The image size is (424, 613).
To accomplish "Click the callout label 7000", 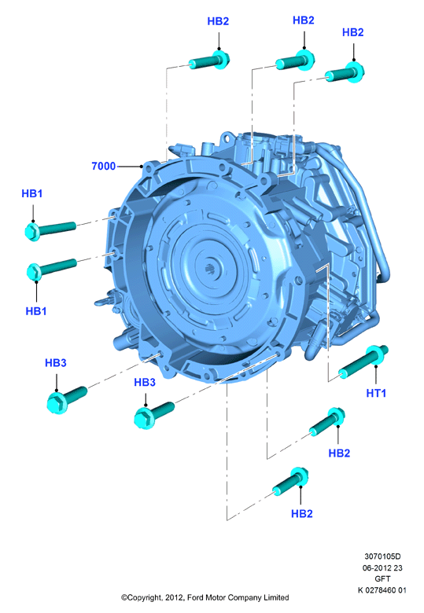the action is pos(104,166).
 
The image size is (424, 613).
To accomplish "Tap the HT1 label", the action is pos(376,393).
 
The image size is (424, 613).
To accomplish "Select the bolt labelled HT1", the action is pos(363,362).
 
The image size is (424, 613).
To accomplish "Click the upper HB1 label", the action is pos(32,193).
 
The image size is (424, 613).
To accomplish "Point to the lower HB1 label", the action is pos(36,311).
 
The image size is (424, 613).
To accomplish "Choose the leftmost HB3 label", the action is pos(56,363).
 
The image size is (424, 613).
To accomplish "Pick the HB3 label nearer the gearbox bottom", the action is pos(145,383).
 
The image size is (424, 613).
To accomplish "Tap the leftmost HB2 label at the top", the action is pos(218,21).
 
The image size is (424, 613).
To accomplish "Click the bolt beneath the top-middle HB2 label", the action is pos(295,61).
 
